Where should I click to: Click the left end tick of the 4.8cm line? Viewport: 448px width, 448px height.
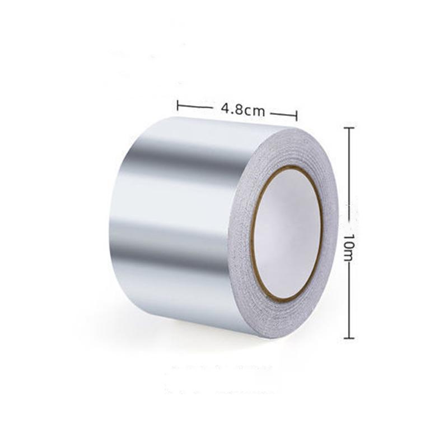(178, 104)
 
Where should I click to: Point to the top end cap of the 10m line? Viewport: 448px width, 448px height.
(348, 128)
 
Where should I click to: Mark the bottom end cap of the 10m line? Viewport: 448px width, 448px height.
(348, 338)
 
